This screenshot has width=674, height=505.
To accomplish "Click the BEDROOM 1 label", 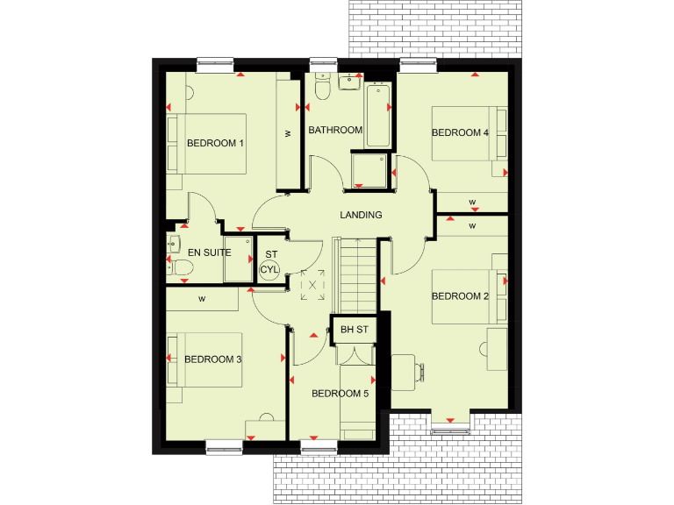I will [215, 143].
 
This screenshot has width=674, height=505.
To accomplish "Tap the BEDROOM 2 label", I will [460, 296].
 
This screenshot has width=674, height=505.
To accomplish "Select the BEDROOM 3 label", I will [212, 359].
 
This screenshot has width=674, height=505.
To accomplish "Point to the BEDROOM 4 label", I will [460, 133].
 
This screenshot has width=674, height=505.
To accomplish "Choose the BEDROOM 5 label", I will [340, 394].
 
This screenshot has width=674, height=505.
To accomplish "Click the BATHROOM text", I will [335, 131].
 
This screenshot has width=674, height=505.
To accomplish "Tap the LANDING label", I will [362, 215].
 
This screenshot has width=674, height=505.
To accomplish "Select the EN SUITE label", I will [210, 252].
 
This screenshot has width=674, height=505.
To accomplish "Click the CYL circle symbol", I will [269, 270].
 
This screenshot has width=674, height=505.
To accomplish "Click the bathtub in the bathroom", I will [378, 114].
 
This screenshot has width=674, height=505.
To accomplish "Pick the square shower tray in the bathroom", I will [369, 170].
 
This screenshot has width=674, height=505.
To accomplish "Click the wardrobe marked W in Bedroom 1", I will [287, 133].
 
